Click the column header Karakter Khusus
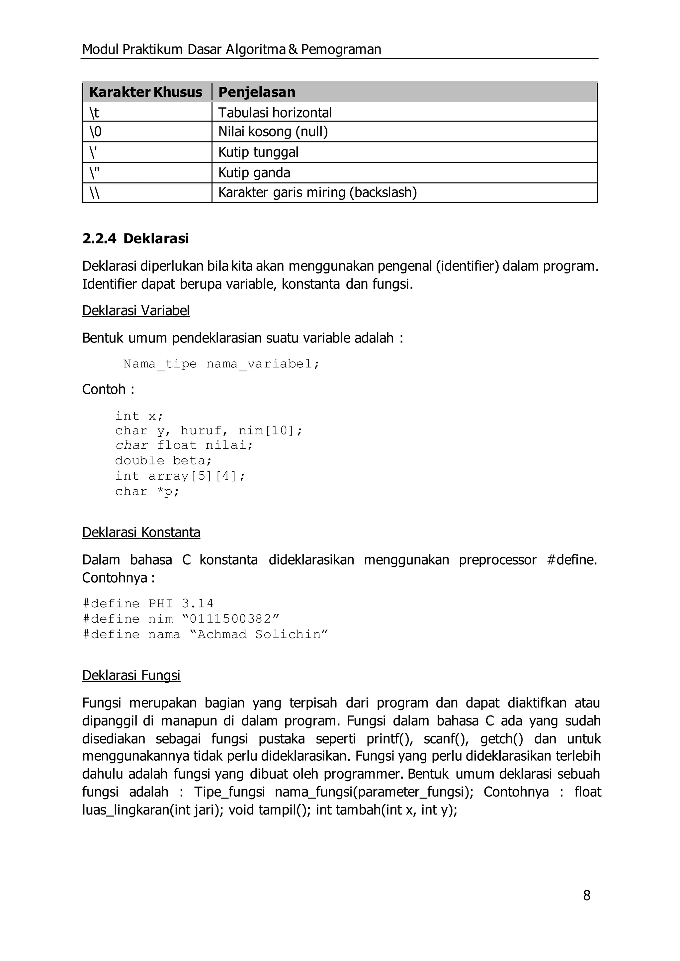pos(145,92)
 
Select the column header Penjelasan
pos(257,92)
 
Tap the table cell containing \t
pos(94,113)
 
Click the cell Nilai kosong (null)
pos(273,132)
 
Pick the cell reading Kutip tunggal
pos(258,152)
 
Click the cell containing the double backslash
pos(95,193)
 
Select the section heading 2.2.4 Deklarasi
pos(135,239)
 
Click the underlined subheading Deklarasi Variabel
pos(136,310)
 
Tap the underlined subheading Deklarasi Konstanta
pos(141,532)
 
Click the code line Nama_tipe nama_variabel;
pos(221,364)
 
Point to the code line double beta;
pos(164,460)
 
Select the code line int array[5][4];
pos(180,476)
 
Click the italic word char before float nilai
pos(131,445)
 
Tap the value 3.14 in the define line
pos(198,603)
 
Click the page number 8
pos(587,895)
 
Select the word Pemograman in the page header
pos(341,49)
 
